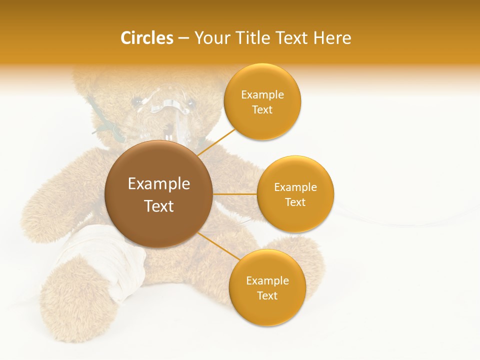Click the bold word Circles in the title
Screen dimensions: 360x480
[x=146, y=38]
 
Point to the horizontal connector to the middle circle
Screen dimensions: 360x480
[x=235, y=194]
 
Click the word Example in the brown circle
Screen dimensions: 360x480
[x=159, y=184]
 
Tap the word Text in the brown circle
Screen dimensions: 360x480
[x=159, y=206]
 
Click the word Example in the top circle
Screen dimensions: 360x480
[x=262, y=95]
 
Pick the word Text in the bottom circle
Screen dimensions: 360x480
[x=267, y=295]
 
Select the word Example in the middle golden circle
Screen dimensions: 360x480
[x=295, y=187]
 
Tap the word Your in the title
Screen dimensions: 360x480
[x=210, y=38]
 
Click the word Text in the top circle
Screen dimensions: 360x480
[x=262, y=110]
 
